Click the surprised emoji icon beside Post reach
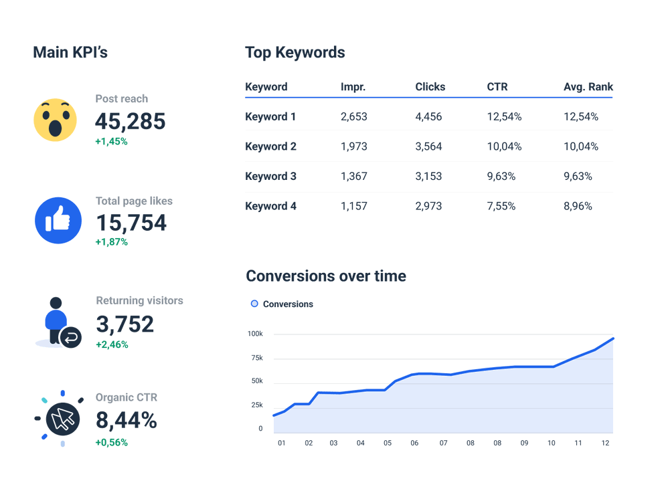tap(56, 120)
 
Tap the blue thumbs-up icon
tap(58, 220)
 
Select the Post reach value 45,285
tap(130, 121)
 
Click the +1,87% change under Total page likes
tap(112, 241)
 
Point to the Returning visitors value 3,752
tap(125, 324)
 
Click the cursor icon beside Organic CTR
tap(62, 419)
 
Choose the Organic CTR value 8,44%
tap(127, 420)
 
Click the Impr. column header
tap(353, 87)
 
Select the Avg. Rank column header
tap(588, 87)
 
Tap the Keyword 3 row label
tap(270, 177)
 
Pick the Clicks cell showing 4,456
tap(428, 117)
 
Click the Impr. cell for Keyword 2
tap(353, 146)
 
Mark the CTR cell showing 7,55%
tap(501, 206)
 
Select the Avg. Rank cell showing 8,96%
tap(578, 206)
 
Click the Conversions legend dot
tap(254, 304)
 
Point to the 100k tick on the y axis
tap(255, 334)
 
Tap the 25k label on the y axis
tap(256, 405)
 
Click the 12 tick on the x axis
tap(605, 443)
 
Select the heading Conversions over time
tap(326, 276)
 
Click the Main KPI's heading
tap(70, 52)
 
